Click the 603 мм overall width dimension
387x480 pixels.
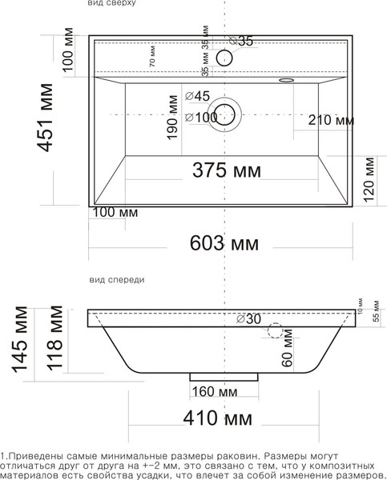pos(220,242)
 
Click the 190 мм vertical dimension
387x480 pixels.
pos(171,118)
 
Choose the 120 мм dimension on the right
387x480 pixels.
pos(369,180)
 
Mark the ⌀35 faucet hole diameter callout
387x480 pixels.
pos(240,41)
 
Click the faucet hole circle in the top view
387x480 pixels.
pos(224,57)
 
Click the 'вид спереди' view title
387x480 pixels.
pos(116,280)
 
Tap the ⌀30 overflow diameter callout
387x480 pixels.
pos(248,319)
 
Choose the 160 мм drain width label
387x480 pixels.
pos(215,391)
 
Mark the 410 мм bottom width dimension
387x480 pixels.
pos(216,418)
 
